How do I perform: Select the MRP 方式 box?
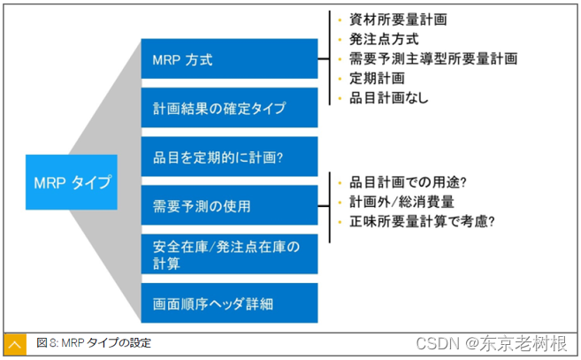228,60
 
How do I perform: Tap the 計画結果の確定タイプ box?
228,109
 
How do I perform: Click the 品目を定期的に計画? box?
228,157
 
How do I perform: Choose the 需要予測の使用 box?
228,206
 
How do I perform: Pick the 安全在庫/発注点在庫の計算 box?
228,254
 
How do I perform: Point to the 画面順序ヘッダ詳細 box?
228,303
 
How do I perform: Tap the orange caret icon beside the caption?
15,344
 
